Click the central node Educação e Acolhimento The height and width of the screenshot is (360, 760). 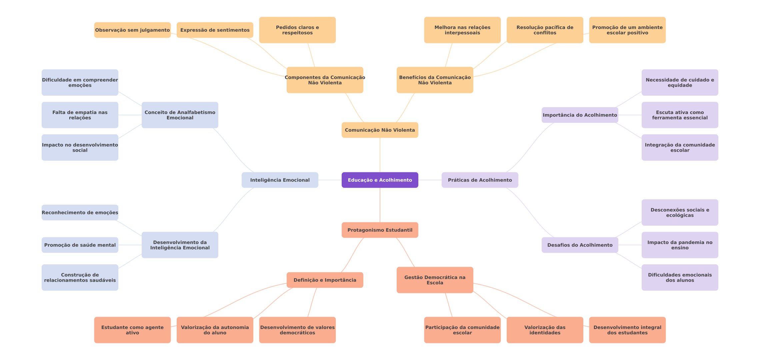(x=380, y=180)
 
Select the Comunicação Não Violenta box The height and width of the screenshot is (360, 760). (x=380, y=130)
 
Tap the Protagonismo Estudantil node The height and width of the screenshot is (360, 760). (x=380, y=230)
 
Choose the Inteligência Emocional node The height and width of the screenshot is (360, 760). (x=280, y=180)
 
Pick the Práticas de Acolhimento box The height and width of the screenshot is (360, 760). (x=480, y=180)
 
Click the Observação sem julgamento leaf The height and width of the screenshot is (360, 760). (x=132, y=30)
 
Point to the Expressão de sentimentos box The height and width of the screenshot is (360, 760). (x=215, y=30)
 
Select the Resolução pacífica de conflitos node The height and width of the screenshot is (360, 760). (x=545, y=30)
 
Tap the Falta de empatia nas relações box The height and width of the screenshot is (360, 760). (x=80, y=115)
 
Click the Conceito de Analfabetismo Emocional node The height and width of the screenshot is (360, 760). (x=180, y=115)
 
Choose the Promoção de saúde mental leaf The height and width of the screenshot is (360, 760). (x=80, y=245)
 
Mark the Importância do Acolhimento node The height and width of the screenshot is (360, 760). (x=580, y=115)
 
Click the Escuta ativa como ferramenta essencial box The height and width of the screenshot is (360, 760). (x=680, y=115)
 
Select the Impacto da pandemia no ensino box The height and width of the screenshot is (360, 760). (x=680, y=245)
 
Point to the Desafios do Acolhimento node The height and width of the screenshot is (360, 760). (x=580, y=245)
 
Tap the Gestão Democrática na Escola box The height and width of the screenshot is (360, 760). (x=435, y=280)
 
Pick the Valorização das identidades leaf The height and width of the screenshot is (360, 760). (x=545, y=330)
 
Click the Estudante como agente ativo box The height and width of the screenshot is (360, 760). (x=132, y=330)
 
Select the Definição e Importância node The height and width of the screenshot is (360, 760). (x=325, y=280)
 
